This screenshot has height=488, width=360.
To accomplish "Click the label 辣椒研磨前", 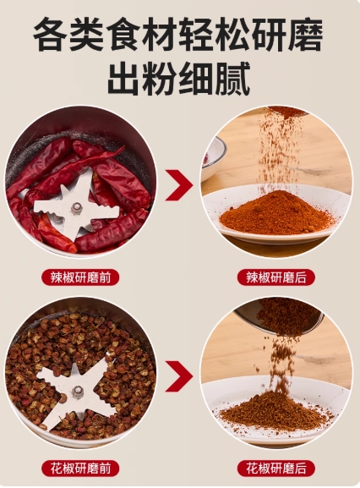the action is tap(80, 277).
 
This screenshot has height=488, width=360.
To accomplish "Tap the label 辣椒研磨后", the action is tap(276, 277).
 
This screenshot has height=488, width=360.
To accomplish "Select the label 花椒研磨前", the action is tap(80, 469).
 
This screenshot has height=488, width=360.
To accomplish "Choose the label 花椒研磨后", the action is tap(276, 469).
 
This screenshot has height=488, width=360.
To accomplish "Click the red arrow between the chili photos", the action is tap(179, 185).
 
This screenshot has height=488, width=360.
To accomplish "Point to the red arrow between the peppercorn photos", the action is tap(179, 376).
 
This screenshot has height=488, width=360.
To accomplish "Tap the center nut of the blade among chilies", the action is tap(76, 208).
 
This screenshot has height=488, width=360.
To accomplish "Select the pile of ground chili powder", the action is tap(276, 211).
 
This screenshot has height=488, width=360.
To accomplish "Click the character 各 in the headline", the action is tap(51, 34).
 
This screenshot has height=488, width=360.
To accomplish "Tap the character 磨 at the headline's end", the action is tap(306, 34).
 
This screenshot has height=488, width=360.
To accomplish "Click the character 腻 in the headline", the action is tap(233, 79).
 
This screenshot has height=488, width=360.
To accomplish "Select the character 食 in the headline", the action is tap(123, 34).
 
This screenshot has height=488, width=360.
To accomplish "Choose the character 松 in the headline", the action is tap(233, 34).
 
